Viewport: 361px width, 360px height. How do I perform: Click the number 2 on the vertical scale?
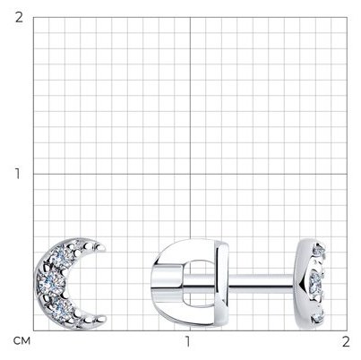[19, 18]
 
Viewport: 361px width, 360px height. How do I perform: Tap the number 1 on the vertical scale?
[18, 174]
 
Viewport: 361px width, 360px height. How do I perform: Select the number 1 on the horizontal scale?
[187, 341]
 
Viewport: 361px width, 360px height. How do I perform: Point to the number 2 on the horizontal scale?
[346, 341]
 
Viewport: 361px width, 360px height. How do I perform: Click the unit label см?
[21, 341]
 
